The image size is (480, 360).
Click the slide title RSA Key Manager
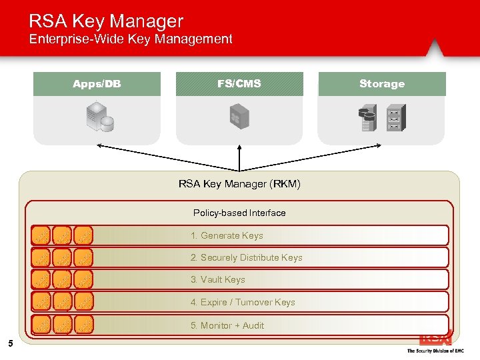click(x=105, y=21)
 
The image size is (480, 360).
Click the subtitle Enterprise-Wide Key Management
click(x=131, y=39)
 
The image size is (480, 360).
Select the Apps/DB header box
click(x=97, y=84)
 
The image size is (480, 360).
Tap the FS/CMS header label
click(x=239, y=84)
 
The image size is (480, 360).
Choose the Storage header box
click(x=382, y=84)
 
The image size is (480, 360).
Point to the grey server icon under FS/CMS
click(x=239, y=117)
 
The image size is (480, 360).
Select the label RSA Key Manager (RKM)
click(x=239, y=184)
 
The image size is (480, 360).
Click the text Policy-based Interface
click(x=239, y=213)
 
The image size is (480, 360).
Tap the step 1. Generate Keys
click(x=227, y=235)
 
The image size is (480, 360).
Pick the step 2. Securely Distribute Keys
click(x=246, y=257)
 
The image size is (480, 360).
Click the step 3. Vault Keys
click(x=217, y=279)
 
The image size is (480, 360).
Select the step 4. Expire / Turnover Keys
click(x=243, y=302)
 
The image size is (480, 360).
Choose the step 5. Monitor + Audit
click(x=227, y=325)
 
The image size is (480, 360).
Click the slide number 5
click(x=10, y=344)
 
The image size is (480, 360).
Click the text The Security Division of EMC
click(x=435, y=351)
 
